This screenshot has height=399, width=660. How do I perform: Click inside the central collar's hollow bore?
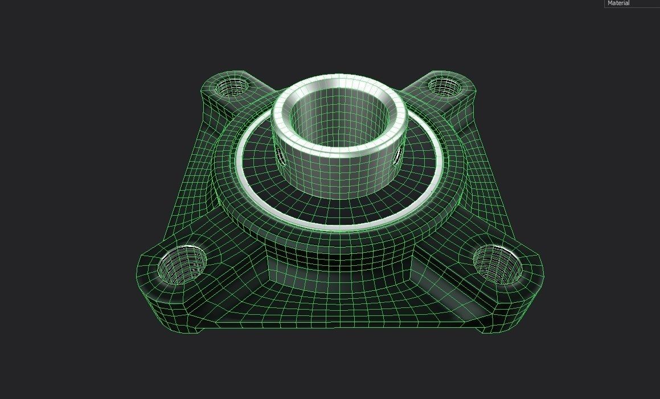(341, 117)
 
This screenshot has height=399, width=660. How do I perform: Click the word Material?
(618, 3)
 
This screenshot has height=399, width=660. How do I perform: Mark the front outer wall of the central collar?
(341, 174)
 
